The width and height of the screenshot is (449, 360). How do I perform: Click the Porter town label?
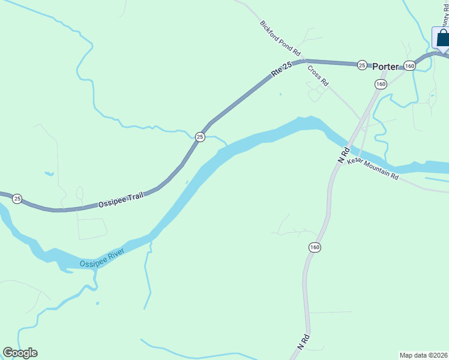385,67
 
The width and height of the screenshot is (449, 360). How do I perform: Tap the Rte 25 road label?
281,69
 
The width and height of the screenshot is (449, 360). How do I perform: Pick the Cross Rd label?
318,75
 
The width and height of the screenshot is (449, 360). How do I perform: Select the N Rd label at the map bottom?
303,343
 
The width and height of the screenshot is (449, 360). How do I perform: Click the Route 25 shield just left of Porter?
361,65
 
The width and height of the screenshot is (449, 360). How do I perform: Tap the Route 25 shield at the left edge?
17,199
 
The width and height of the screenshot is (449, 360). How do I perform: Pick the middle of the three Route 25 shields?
200,137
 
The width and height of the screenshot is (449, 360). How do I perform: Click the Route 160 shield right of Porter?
409,66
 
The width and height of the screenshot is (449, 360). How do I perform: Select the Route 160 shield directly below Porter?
381,85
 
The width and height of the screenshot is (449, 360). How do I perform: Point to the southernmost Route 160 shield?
315,247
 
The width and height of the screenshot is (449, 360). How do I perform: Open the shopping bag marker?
442,37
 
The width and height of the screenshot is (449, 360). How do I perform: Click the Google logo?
20,353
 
